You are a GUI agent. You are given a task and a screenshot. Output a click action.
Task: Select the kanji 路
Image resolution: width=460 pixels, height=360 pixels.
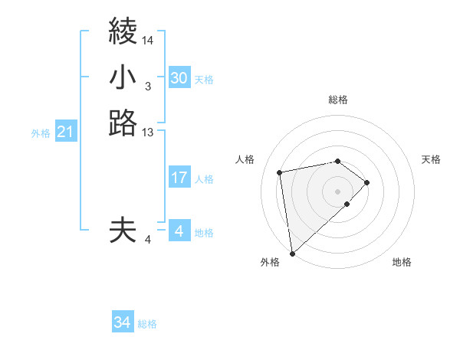pos(123,123)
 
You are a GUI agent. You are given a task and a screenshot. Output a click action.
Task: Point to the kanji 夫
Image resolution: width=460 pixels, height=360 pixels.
pos(123,230)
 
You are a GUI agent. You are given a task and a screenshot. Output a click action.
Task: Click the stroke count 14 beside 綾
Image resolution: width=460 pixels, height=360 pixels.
pos(148,40)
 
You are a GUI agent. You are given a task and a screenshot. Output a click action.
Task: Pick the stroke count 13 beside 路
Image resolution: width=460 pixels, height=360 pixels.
pos(148,133)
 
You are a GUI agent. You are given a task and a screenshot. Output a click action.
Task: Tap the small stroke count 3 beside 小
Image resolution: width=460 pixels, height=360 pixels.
pos(147,87)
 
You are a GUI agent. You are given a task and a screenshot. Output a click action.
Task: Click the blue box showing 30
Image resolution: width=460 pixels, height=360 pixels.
pos(179,78)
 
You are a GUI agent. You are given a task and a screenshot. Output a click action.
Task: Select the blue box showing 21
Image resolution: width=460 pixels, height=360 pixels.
pos(66,133)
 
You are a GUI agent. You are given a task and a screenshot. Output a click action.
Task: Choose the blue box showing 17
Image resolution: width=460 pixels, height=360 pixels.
pos(179,178)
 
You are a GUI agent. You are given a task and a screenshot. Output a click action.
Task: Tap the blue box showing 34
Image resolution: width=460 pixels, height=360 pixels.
pos(122,323)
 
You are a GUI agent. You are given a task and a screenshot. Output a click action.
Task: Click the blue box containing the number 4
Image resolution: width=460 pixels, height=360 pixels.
pos(179,231)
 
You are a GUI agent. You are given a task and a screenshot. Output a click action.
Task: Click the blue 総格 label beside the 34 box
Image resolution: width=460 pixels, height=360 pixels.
pos(147,324)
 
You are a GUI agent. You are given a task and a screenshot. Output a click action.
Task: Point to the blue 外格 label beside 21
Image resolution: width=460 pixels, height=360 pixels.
pos(41,133)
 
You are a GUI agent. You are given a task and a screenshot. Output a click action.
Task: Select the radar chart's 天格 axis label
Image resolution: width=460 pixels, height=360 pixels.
pos(431,159)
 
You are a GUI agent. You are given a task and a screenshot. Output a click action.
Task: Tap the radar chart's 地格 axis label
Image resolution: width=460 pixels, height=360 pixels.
pos(402,262)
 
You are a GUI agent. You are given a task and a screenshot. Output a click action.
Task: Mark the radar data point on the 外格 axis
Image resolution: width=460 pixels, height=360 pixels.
pos(292,253)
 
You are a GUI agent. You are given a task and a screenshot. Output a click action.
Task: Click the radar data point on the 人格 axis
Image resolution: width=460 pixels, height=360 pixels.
pos(281,172)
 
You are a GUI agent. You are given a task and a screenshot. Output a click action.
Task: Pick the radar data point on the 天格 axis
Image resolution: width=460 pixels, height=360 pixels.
pos(367,182)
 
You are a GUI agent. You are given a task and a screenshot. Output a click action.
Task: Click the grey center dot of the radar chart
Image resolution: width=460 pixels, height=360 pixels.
pos(338,191)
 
